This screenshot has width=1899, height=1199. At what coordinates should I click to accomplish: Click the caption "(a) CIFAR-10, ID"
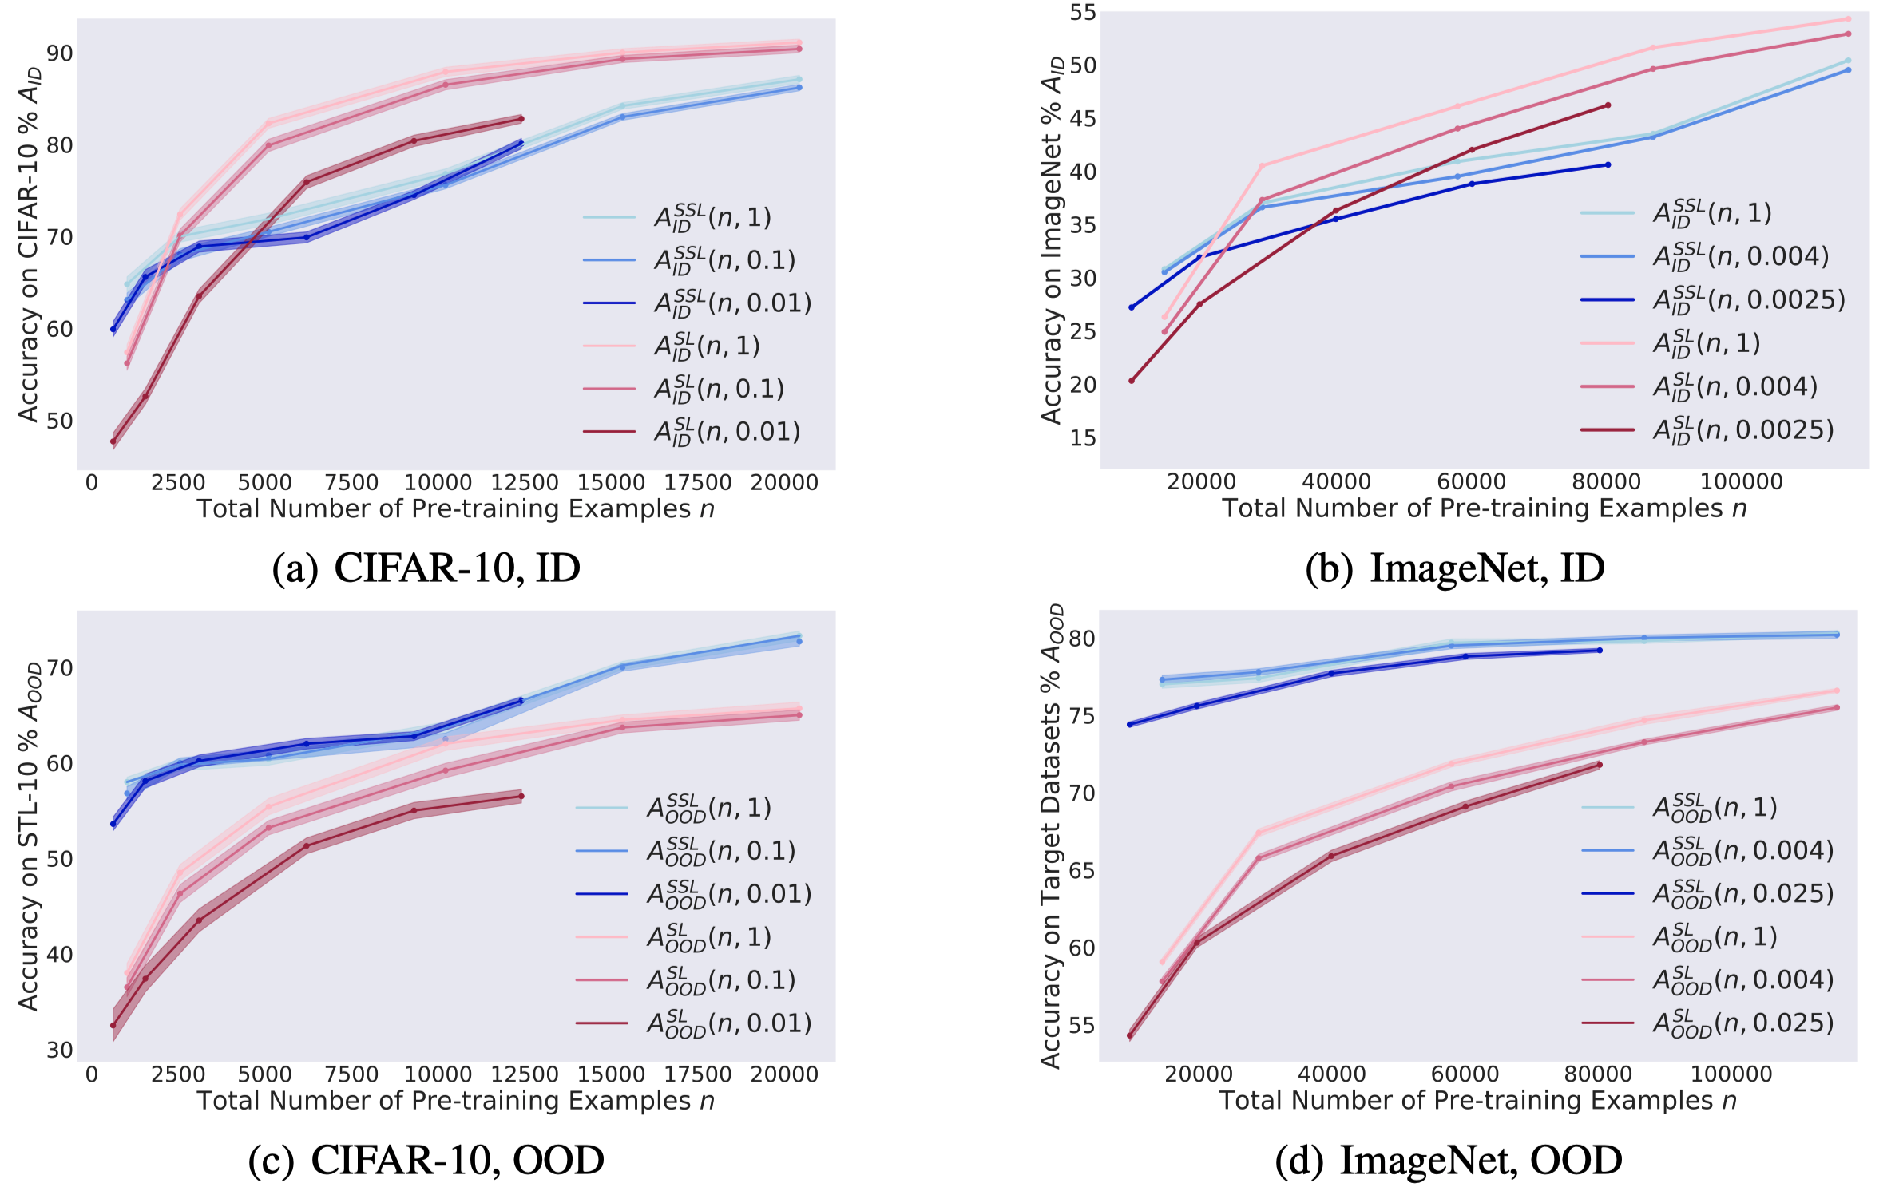426,568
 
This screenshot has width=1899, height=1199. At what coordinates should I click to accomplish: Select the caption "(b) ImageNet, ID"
1454,568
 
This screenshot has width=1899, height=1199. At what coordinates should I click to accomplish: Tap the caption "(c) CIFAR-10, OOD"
426,1160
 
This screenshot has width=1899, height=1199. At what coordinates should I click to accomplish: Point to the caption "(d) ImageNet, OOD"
1448,1160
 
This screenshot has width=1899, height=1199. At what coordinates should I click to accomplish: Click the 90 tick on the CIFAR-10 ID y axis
60,53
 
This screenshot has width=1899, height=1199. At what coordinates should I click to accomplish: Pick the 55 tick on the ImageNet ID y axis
1083,12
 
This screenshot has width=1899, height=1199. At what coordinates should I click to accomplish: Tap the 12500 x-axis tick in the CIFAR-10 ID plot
525,482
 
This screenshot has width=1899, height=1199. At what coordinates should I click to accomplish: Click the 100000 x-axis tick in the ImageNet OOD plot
1731,1074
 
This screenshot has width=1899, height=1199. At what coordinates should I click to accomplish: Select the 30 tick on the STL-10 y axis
60,1050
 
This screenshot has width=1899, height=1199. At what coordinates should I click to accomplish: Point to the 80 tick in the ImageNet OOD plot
1082,639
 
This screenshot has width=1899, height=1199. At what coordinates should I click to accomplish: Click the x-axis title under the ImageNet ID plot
1485,508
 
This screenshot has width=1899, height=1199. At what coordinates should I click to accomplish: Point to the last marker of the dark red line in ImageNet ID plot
1608,105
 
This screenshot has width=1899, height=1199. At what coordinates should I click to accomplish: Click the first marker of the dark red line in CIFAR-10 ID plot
113,441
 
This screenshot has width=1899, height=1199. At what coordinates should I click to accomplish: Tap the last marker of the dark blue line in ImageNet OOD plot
1600,651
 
